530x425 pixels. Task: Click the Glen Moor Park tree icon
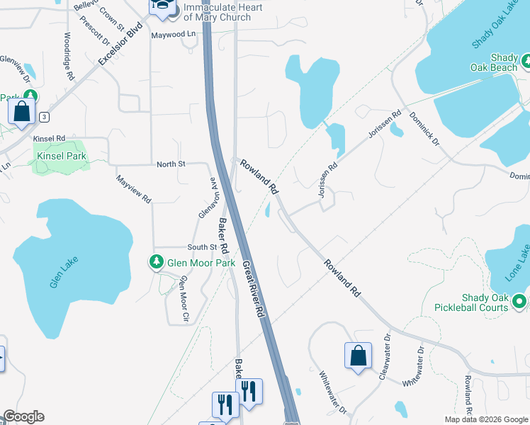pos(157,262)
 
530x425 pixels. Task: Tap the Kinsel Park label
pos(60,155)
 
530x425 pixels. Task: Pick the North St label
pos(171,164)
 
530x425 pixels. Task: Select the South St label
pos(201,246)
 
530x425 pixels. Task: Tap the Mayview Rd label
pos(134,189)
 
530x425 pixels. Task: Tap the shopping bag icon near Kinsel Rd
pos(22,110)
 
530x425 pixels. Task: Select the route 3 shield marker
pos(45,117)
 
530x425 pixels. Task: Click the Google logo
pos(23,416)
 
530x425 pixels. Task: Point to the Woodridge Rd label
pos(68,55)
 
